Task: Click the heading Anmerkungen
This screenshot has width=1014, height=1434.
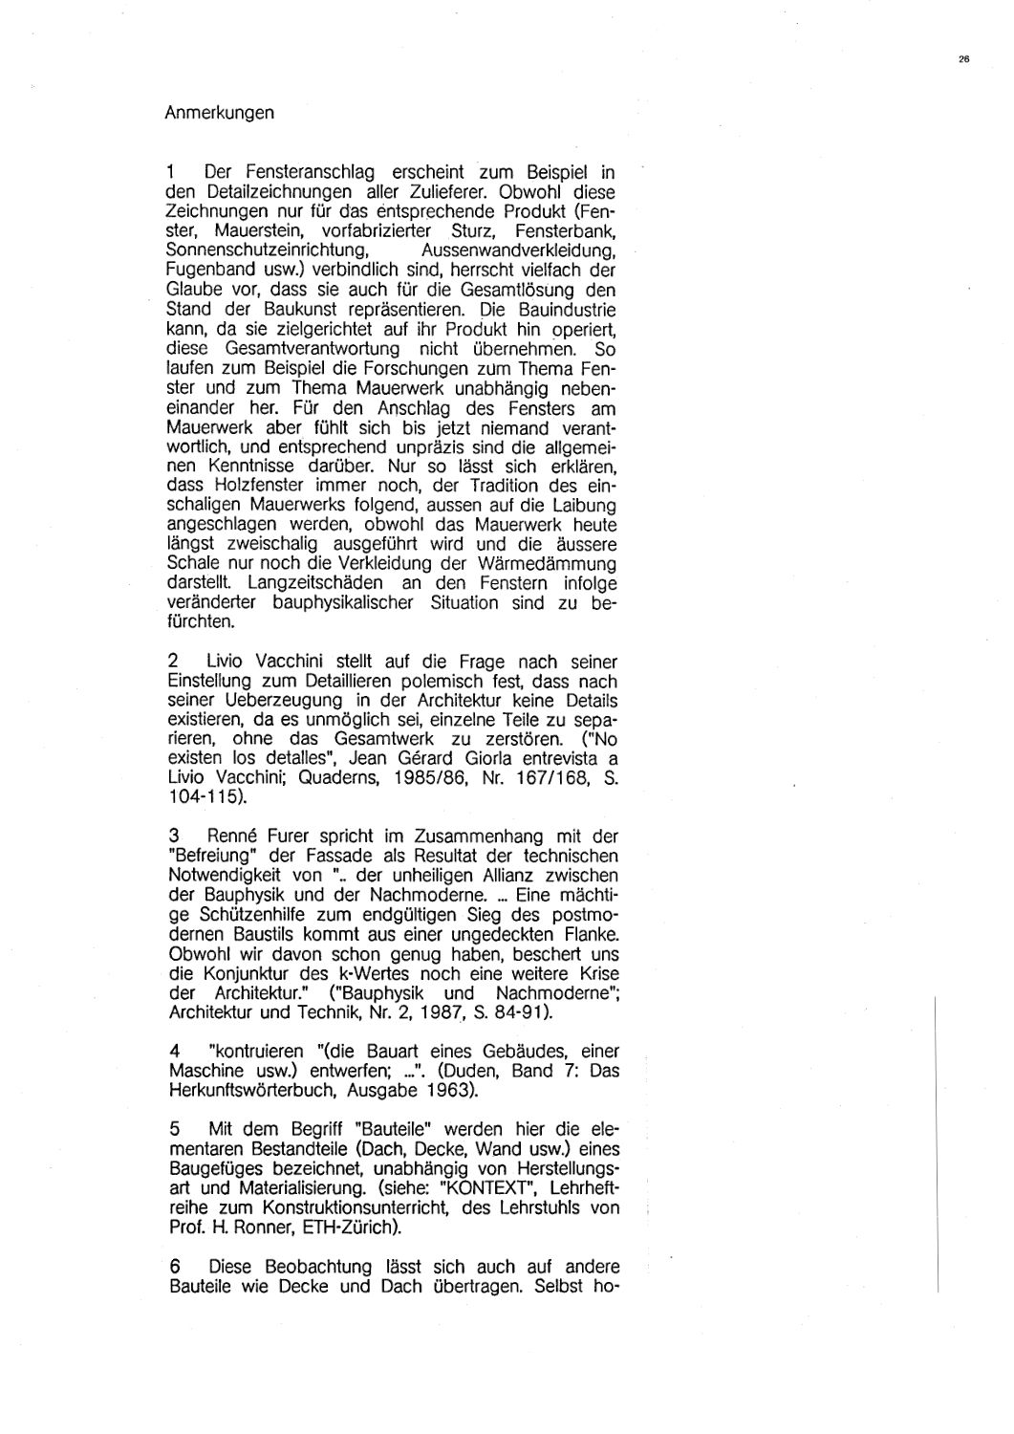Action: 220,113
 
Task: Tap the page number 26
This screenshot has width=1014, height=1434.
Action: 962,59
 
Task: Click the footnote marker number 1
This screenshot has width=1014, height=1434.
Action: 169,173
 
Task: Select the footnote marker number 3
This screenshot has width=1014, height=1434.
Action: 171,836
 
